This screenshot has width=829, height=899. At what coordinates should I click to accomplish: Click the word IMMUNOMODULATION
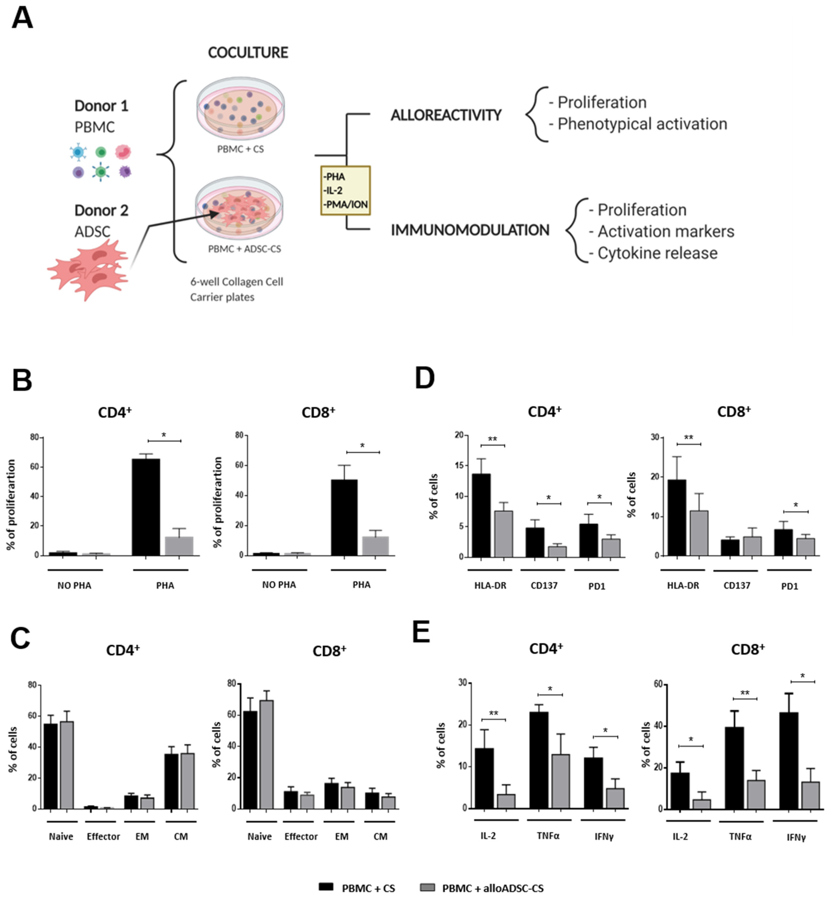470,230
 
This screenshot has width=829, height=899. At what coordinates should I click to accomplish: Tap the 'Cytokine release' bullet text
657,253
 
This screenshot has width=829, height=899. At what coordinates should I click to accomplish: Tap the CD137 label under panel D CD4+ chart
544,585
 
